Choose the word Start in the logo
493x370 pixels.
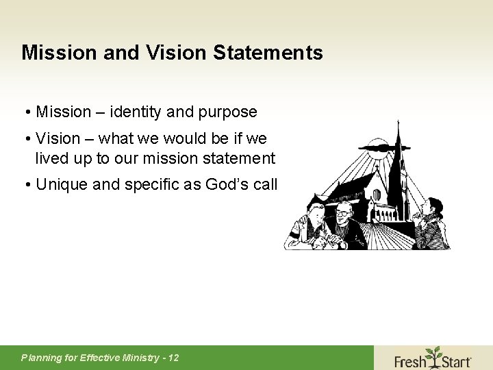[x=455, y=360]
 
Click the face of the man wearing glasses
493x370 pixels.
[x=343, y=214]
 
